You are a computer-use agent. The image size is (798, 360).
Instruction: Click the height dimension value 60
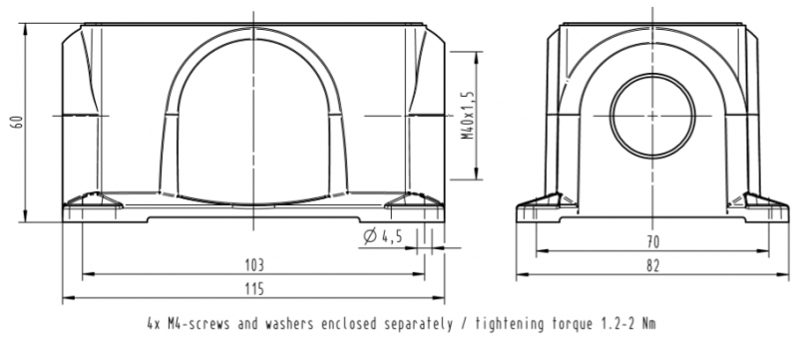pos(18,122)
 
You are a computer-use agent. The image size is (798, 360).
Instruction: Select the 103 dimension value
pos(254,265)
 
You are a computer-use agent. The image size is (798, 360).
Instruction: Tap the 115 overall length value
pos(254,289)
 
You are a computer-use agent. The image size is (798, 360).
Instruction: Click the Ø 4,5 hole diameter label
pos(383,236)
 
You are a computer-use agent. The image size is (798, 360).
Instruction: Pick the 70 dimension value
pos(652,242)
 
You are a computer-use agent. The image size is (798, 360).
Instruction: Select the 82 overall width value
pos(652,265)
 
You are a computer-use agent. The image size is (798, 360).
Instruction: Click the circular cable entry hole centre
pos(652,116)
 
